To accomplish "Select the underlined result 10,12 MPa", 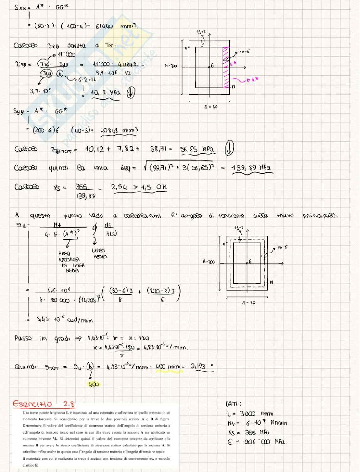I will pyautogui.click(x=105, y=93).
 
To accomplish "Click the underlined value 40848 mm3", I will pyautogui.click(x=119, y=130).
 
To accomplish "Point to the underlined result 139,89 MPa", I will pyautogui.click(x=251, y=168).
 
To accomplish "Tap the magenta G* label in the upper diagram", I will pyautogui.click(x=233, y=63).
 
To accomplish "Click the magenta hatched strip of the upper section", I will pyautogui.click(x=226, y=67).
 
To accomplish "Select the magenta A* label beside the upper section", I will pyautogui.click(x=253, y=80).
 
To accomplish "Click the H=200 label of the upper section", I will pyautogui.click(x=171, y=66).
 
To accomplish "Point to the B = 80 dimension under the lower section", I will pyautogui.click(x=249, y=303).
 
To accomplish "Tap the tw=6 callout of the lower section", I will pyautogui.click(x=282, y=247).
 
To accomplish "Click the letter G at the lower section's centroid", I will pyautogui.click(x=250, y=261).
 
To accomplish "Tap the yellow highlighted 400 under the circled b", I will pyautogui.click(x=93, y=384).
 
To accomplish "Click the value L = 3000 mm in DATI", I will pyautogui.click(x=250, y=414).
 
